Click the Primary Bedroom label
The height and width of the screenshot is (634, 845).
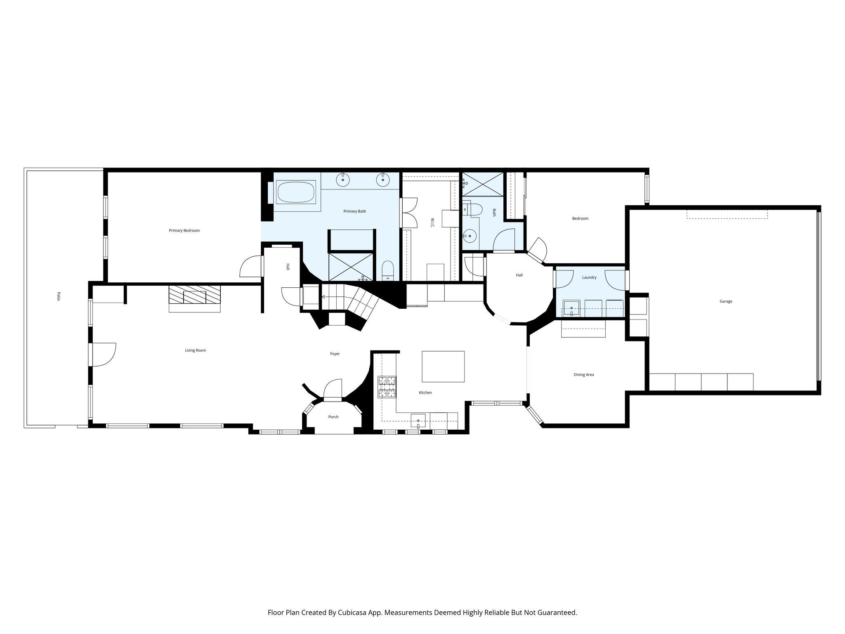click(184, 230)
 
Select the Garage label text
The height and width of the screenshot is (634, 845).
click(726, 301)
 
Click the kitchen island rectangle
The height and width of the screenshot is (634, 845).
click(443, 366)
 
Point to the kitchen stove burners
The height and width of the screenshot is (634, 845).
click(387, 387)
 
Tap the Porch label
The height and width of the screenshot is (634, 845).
click(333, 417)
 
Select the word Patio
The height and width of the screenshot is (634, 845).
click(58, 296)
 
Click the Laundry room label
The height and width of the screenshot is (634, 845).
click(589, 277)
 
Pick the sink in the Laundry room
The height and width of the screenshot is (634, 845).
click(571, 308)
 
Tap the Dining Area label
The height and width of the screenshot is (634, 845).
click(583, 375)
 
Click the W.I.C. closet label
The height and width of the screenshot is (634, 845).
click(432, 223)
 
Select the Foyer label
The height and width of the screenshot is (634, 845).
click(335, 354)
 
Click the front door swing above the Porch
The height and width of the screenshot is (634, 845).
click(333, 390)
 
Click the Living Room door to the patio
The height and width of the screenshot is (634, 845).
click(104, 355)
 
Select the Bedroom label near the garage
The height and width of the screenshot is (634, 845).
click(580, 218)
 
